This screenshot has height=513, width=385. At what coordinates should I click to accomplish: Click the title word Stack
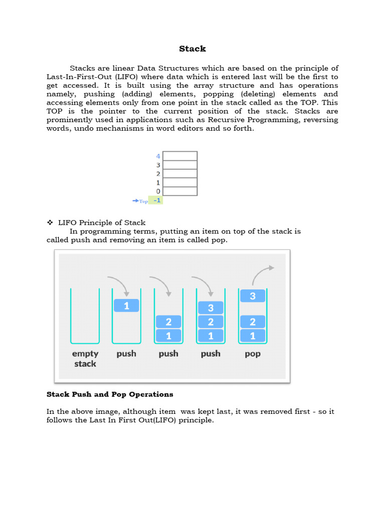[192, 49]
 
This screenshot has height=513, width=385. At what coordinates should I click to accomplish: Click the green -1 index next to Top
[157, 200]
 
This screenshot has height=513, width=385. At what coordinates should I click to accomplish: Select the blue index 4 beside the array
[158, 156]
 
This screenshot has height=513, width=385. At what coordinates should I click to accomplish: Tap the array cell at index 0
[180, 191]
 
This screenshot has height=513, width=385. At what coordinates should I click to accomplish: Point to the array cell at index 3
[180, 165]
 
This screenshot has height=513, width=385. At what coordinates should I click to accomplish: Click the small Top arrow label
[140, 201]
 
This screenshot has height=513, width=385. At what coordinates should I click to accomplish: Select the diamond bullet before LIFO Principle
[50, 222]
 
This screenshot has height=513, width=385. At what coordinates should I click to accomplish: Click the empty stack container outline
[85, 316]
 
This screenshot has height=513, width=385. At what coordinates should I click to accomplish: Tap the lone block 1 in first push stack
[126, 305]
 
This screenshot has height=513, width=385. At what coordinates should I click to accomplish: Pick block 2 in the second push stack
[168, 322]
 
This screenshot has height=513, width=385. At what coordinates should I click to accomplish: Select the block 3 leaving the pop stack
[253, 296]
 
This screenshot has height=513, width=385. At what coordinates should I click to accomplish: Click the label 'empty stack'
[85, 358]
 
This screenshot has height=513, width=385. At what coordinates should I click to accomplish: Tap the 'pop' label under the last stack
[253, 354]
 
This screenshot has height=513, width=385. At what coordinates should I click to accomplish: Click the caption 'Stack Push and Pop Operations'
[110, 394]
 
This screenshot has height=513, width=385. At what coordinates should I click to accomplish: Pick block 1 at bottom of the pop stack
[253, 336]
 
